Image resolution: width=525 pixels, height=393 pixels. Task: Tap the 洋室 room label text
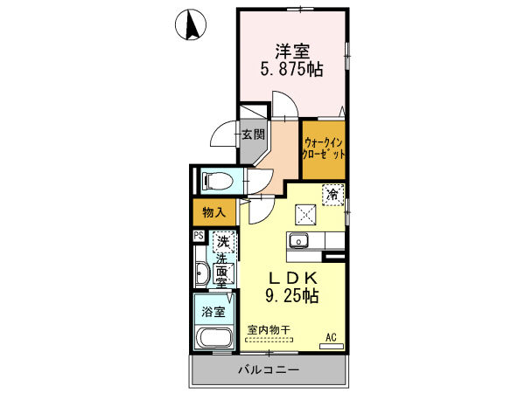(292, 52)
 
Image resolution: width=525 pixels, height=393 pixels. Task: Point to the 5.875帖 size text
(292, 71)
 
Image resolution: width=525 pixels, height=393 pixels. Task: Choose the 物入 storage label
(213, 211)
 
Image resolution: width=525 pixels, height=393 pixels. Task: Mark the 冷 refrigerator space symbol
(332, 194)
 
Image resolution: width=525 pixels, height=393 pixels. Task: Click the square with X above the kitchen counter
(305, 212)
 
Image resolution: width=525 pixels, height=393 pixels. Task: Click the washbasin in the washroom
(201, 273)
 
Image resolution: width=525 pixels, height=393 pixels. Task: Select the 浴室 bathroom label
(212, 311)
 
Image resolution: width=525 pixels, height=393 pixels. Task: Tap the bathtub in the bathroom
(213, 339)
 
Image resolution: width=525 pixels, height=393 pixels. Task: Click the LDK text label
(292, 278)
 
